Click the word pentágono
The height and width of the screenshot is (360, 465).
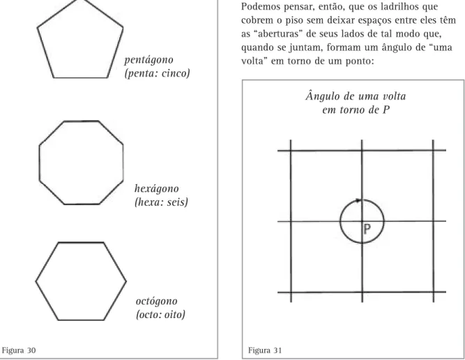click(148, 60)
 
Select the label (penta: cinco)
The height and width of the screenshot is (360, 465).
click(157, 73)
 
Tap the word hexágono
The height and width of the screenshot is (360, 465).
click(157, 189)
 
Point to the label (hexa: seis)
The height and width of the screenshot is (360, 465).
click(161, 202)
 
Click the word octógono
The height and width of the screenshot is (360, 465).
click(157, 301)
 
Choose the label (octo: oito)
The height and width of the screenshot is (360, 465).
click(160, 314)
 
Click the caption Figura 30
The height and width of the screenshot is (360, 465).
click(19, 350)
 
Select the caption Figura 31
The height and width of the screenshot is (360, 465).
click(265, 350)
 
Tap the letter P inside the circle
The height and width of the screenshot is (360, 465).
click(367, 229)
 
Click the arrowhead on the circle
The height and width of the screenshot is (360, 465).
click(358, 200)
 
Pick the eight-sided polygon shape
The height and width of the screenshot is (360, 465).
click(39, 163)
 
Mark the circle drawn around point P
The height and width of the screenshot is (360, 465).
click(340, 221)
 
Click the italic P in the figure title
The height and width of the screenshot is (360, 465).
click(386, 110)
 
